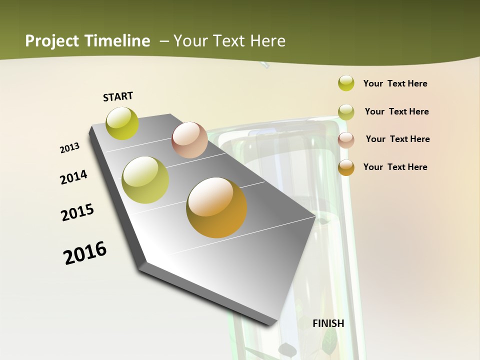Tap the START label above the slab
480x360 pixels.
(x=118, y=96)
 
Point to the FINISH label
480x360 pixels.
(x=328, y=323)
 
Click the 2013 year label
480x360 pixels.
(x=69, y=148)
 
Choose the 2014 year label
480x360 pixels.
(x=73, y=177)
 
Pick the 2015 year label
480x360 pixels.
(x=77, y=212)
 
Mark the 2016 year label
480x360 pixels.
(x=85, y=253)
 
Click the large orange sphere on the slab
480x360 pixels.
(x=216, y=207)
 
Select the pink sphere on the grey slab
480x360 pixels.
(x=189, y=140)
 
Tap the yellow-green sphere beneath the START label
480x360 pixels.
(x=122, y=123)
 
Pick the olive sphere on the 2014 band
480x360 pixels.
(x=145, y=180)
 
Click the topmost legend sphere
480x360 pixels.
(x=346, y=83)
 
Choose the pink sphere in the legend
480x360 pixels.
(x=346, y=139)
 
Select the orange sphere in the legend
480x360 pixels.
(x=346, y=167)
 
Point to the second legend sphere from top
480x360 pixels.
(x=346, y=112)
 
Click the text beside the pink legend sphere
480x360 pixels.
(x=397, y=139)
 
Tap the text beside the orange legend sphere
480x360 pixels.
(x=395, y=167)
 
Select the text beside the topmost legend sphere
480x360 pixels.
(x=395, y=83)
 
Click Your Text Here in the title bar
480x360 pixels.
(x=229, y=41)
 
